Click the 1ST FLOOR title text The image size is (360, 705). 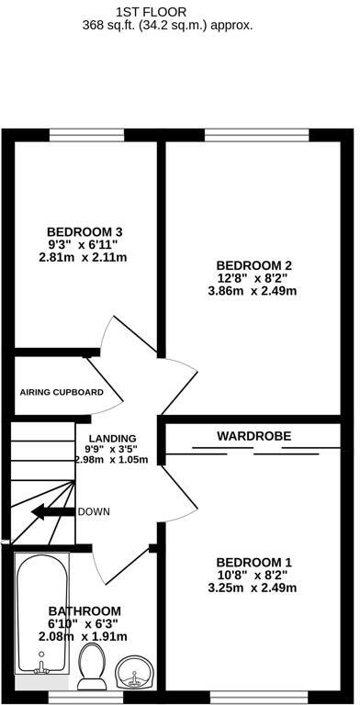coord(179,11)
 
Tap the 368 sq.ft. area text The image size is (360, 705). coord(180,26)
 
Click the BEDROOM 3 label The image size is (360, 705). coord(84,231)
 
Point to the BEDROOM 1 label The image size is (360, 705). coord(254,562)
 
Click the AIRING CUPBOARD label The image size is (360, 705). coord(62,392)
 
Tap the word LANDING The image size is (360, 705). coord(113,438)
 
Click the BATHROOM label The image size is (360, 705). coord(84,610)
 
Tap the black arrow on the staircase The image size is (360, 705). coord(52,512)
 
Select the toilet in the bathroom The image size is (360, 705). coord(92,666)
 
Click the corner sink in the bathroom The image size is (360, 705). coord(136,674)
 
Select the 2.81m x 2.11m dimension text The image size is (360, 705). coord(84,258)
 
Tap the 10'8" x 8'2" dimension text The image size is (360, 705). coord(255,576)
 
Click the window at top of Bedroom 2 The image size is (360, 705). coord(257,135)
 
